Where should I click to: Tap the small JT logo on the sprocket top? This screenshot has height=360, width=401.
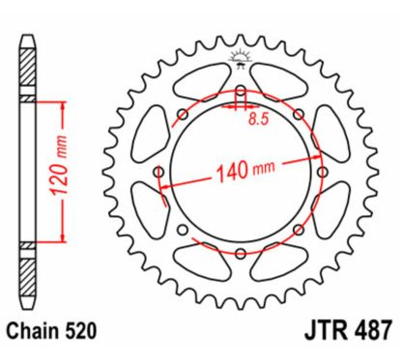tap(237, 63)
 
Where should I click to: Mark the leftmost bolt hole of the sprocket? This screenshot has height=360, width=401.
tap(160, 174)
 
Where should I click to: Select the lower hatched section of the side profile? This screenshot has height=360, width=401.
tap(29, 270)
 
